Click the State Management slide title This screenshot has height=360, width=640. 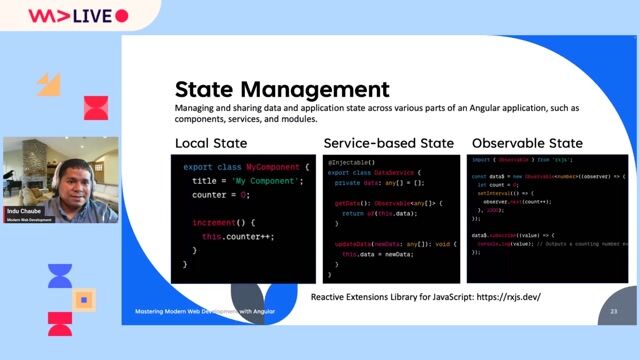(x=282, y=88)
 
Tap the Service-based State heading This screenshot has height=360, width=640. (x=388, y=143)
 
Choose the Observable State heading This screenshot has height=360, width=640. (x=527, y=143)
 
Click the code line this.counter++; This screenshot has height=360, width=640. (x=237, y=237)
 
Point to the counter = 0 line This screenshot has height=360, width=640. (x=219, y=196)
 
